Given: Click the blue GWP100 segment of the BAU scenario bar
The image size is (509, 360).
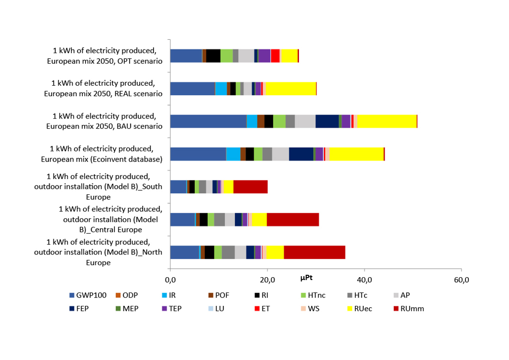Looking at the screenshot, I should (208, 121).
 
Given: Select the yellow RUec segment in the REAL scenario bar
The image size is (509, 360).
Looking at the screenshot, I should (291, 88).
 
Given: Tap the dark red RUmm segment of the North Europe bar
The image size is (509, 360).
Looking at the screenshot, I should (314, 253).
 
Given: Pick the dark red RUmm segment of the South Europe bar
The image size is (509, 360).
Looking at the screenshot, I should (250, 187).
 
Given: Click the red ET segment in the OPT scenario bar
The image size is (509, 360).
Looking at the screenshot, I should (275, 56).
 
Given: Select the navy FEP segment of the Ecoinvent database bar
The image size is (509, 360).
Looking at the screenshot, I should (301, 154).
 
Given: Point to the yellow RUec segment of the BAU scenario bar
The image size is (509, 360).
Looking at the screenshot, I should (387, 121).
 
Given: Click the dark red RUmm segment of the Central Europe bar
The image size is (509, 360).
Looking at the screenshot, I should (292, 220).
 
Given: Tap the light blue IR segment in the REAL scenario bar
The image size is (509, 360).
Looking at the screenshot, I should (221, 88).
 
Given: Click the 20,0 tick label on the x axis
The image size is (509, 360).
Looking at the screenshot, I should (267, 280).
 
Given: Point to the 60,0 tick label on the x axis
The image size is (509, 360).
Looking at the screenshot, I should (461, 280).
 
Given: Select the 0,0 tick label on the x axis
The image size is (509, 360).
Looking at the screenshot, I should (170, 280).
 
